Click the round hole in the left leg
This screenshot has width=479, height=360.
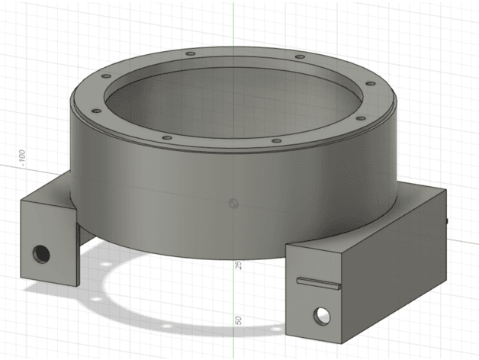(x=41, y=254)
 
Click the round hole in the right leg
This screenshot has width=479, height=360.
(x=322, y=317)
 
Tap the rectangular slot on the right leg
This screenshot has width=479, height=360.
(x=319, y=283)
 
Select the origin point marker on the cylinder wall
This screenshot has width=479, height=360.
(x=233, y=203)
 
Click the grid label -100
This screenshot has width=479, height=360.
(x=22, y=158)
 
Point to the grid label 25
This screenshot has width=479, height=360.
(x=239, y=265)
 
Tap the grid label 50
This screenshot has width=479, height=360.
(x=238, y=320)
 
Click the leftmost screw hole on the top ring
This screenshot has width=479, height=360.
(x=97, y=111)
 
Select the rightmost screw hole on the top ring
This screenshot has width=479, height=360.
(x=371, y=83)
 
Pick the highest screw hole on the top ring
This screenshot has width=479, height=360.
(x=191, y=54)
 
